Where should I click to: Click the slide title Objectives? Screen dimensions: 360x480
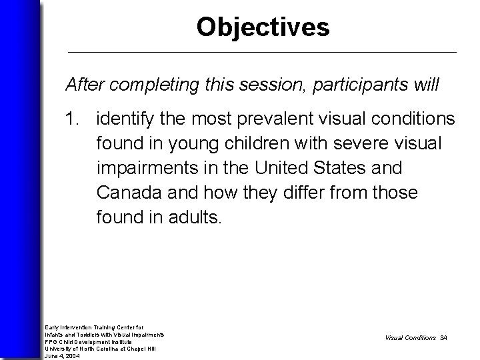coord(263,27)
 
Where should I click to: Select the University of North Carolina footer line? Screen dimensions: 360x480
coord(99,349)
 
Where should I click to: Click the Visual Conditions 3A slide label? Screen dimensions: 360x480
coord(416,338)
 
